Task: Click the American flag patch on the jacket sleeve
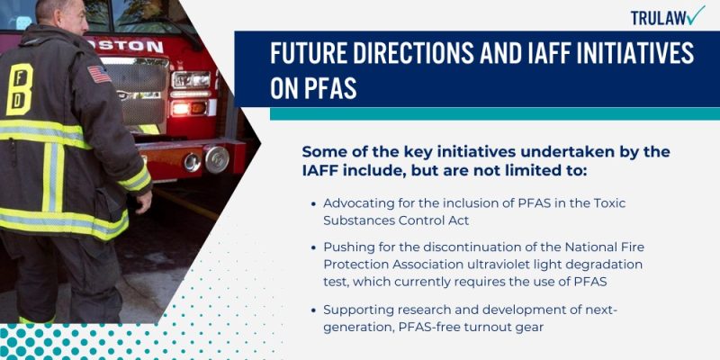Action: (99, 74)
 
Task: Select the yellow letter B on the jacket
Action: (19, 89)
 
